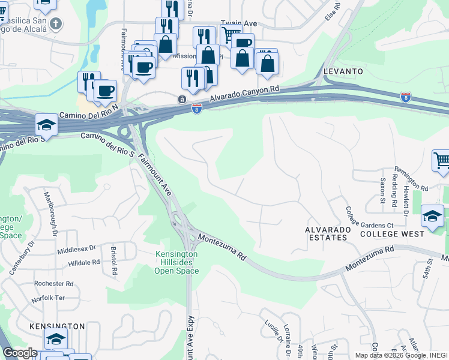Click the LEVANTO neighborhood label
pyautogui.click(x=343, y=71)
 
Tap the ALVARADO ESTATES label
pyautogui.click(x=326, y=233)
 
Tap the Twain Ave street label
pyautogui.click(x=239, y=23)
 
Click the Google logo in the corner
pyautogui.click(x=20, y=353)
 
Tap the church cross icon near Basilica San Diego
pyautogui.click(x=56, y=25)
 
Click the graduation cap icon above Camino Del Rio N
pyautogui.click(x=46, y=124)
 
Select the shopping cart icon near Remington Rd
pyautogui.click(x=442, y=160)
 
